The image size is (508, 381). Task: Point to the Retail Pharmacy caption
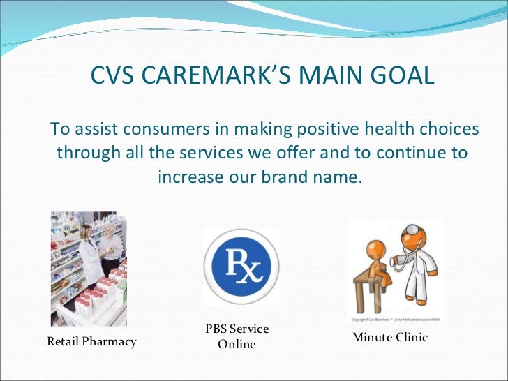coord(91,342)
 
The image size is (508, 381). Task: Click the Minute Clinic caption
coord(390,338)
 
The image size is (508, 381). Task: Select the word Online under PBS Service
coord(237,345)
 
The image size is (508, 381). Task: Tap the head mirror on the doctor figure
coord(413,230)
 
